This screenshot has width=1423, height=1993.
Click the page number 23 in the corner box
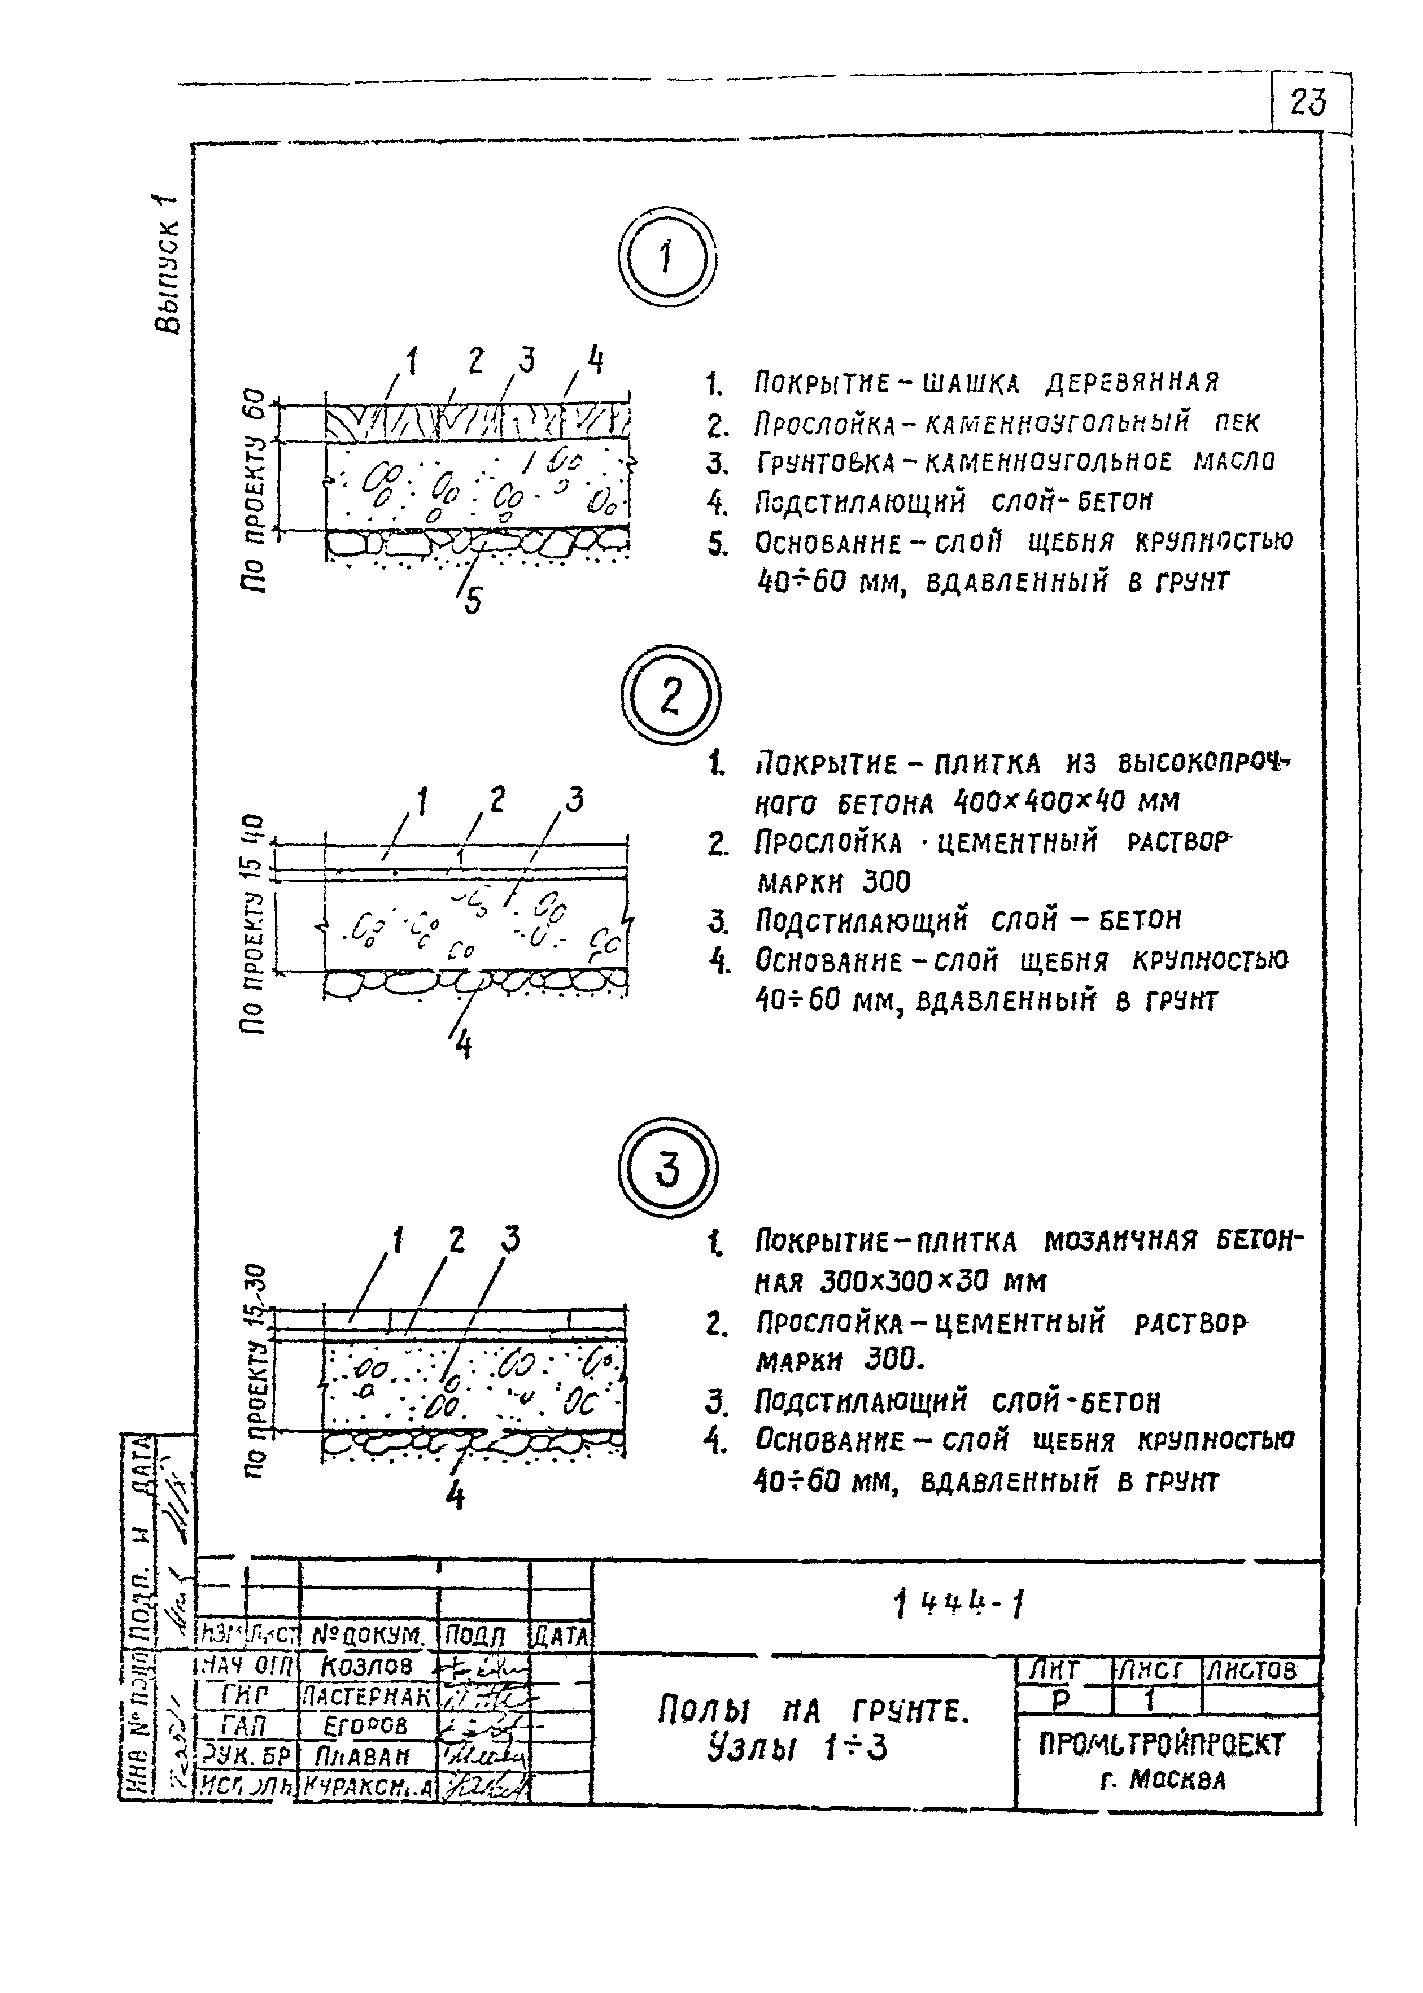pyautogui.click(x=1308, y=103)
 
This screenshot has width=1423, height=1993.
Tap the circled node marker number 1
pyautogui.click(x=667, y=259)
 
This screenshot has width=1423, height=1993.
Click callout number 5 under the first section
pyautogui.click(x=472, y=600)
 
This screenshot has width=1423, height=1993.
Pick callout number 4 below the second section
pyautogui.click(x=464, y=1044)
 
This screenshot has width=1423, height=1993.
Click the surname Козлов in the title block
pyautogui.click(x=367, y=1666)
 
